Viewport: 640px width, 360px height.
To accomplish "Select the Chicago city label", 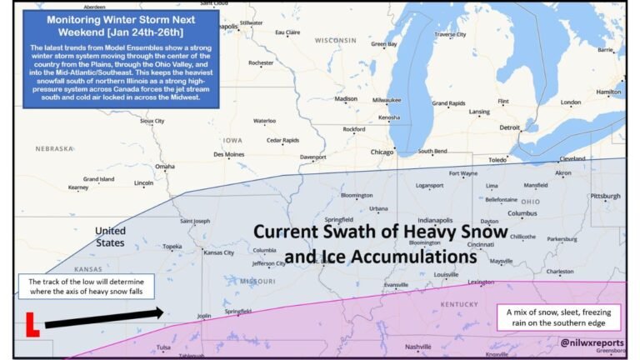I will tap(382, 152).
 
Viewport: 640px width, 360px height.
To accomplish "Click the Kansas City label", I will tap(218, 252).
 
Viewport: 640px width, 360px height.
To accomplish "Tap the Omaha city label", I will tap(165, 167).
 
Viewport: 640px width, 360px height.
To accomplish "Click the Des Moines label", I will tap(229, 154).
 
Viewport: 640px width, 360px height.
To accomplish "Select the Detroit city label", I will tap(509, 127).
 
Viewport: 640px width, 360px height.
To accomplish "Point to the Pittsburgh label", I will tap(605, 196).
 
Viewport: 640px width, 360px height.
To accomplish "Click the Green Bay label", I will tap(384, 43).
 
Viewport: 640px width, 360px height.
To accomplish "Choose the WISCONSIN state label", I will tap(335, 40).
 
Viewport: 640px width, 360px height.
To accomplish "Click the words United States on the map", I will tap(110, 237).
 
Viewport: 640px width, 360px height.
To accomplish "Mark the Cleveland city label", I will tap(572, 158).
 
